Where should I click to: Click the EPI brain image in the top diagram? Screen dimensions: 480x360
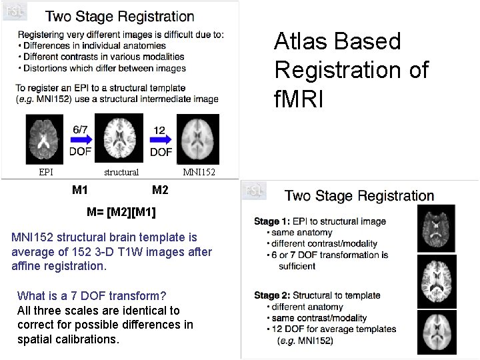tap(46, 141)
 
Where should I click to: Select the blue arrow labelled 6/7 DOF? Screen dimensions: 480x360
tap(81, 140)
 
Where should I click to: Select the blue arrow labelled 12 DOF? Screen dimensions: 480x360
tap(160, 140)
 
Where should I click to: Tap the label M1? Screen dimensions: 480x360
tap(80, 190)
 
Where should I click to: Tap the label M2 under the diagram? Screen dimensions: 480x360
tap(160, 190)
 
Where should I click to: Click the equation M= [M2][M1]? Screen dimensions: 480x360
tap(121, 213)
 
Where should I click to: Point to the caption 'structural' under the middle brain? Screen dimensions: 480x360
tap(121, 172)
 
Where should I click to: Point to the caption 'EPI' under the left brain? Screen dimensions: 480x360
tap(46, 172)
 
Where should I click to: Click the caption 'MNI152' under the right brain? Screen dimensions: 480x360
tap(199, 172)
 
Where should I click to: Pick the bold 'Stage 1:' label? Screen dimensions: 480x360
tap(271, 221)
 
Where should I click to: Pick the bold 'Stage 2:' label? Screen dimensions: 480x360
tap(271, 295)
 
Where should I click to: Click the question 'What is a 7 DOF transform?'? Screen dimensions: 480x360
tap(91, 295)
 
